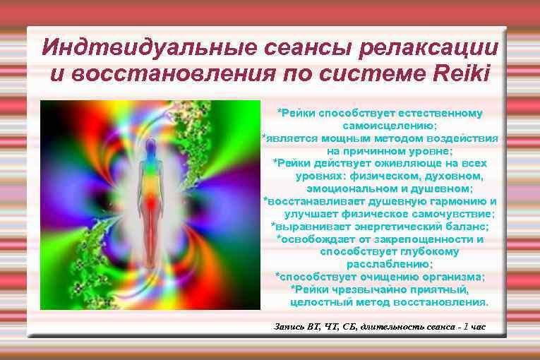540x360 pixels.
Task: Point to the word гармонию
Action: [x=453, y=201]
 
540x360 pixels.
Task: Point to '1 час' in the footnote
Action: [x=472, y=327]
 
